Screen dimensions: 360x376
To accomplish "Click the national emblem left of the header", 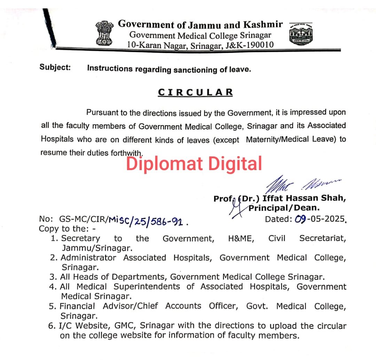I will point(105,32).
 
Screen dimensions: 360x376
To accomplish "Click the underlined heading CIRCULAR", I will point(195,92).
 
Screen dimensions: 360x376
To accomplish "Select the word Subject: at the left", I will point(55,67).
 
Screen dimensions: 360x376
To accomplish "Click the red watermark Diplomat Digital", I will point(194,163).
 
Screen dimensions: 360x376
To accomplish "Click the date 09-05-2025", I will point(320,219).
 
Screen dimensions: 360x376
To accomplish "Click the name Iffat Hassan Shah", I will point(304,198).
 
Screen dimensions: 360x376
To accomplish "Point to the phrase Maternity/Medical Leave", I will point(291,139).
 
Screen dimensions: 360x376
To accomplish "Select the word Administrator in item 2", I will point(88,258).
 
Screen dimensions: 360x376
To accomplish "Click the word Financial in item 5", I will point(77,306).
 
